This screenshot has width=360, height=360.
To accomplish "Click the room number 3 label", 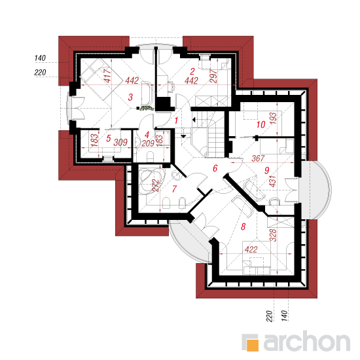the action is pos(130,97).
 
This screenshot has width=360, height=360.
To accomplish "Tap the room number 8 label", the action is pos(243,226).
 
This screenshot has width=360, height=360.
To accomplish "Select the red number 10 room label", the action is pos(261,124).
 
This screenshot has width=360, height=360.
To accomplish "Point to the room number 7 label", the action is pos(175,189).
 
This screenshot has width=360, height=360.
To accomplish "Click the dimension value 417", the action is pos(107,75).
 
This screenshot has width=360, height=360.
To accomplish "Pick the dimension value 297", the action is pos(213,76).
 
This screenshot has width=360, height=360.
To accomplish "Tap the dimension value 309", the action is pos(120,142).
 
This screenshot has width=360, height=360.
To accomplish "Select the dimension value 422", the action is pos(251,249).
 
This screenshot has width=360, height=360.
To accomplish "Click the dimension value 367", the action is pos(258,158).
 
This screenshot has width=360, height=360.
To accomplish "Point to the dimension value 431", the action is pos(272,181).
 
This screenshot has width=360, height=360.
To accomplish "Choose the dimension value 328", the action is pos(273,235).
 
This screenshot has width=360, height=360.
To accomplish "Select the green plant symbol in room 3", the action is pos(147,108).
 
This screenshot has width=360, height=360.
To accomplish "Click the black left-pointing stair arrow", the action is pos(194,120).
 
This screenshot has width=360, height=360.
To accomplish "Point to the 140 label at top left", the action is pos(40,58).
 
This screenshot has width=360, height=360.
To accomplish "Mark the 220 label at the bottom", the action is pos(270,316).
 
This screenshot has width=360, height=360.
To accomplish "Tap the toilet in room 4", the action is pos(151,156).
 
